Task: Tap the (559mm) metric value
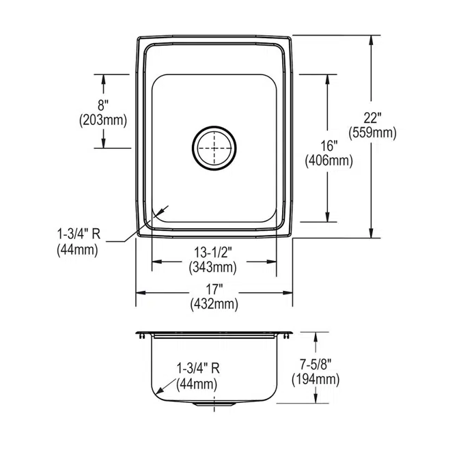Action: point(372,133)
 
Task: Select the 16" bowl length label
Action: point(329,146)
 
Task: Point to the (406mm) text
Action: point(329,160)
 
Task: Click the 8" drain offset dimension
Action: point(103,105)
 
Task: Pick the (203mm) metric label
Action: point(103,120)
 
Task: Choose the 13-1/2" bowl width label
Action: point(213,253)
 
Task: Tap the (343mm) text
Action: point(213,267)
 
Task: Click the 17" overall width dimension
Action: point(214,290)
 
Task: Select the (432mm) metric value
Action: point(214,304)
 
